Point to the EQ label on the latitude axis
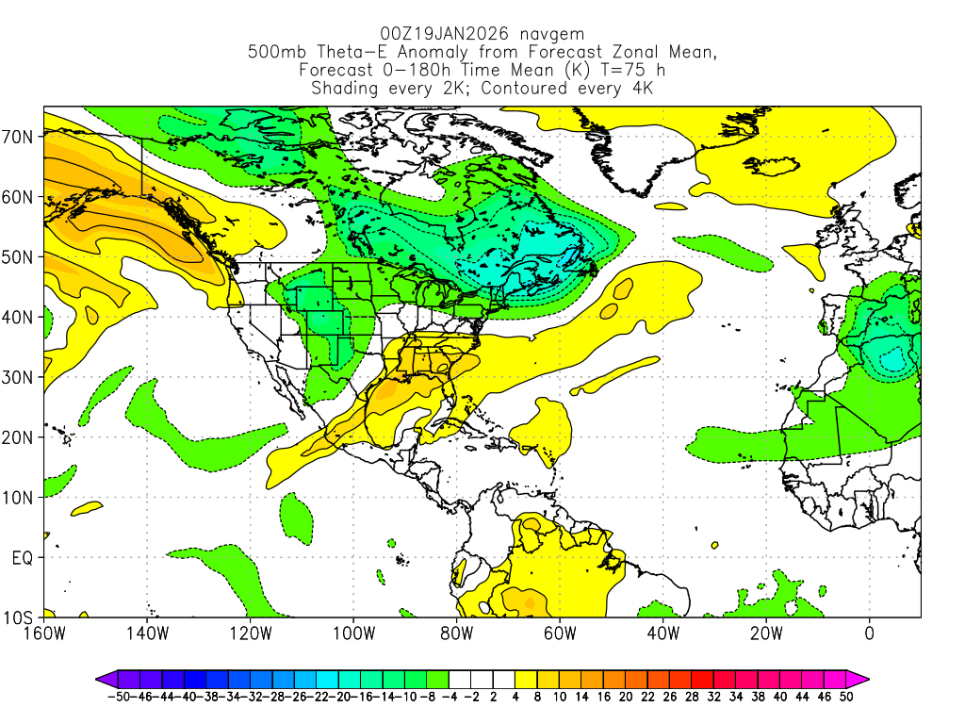[x=23, y=558]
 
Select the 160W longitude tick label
[x=44, y=633]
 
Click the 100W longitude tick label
[x=352, y=633]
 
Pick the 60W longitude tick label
[x=559, y=633]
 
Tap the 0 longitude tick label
[x=869, y=633]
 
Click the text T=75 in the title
[x=611, y=71]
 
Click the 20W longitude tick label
[x=765, y=633]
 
